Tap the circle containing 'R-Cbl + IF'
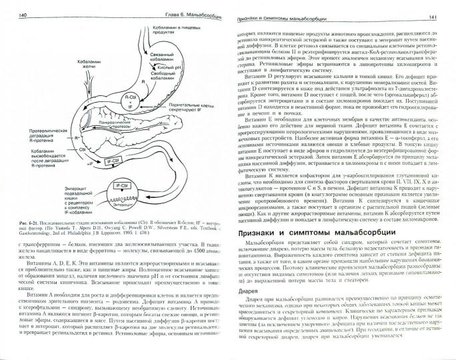[133, 101]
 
